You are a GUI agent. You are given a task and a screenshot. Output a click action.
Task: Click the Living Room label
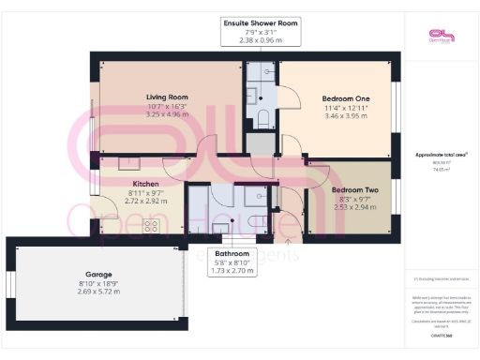tap(168, 97)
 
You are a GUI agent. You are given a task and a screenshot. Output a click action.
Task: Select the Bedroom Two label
tap(353, 189)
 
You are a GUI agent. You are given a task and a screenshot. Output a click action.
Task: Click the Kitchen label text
tap(144, 184)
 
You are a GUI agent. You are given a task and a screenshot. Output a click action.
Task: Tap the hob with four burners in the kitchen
tap(150, 226)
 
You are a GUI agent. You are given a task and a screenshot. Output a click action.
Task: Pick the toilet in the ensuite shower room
tap(263, 117)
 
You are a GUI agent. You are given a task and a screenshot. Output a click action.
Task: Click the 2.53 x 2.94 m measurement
tap(353, 207)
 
